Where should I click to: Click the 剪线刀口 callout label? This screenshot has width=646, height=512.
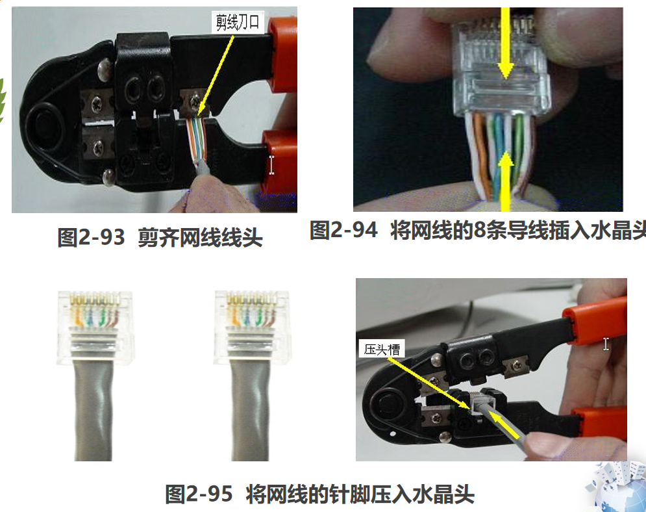238,22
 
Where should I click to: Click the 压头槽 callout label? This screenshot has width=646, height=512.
382,350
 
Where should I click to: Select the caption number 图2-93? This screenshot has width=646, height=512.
91,237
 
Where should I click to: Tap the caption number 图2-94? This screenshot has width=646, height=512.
343,229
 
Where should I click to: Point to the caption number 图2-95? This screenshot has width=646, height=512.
199,493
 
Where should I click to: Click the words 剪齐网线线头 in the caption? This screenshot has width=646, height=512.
200,238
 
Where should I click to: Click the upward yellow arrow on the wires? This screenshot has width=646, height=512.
505,182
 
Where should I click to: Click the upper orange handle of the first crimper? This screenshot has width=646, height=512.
282,53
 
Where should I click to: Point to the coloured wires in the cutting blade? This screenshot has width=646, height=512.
196,138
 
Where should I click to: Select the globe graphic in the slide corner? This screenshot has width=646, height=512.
618,491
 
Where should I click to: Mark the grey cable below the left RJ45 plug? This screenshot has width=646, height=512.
93,412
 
